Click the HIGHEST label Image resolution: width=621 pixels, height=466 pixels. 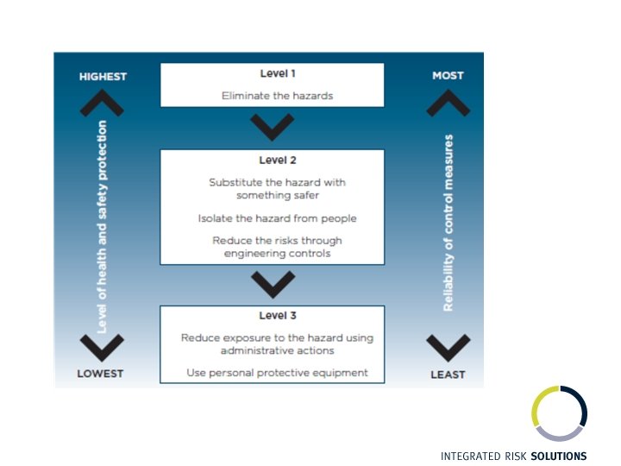pos(103,77)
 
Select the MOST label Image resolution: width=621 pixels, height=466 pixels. pos(448,76)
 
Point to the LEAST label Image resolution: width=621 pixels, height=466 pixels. pos(448,374)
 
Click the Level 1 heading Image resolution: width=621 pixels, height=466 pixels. pos(272,74)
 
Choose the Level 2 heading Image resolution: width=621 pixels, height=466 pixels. pos(272,160)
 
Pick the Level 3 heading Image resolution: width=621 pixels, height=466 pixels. pos(272,316)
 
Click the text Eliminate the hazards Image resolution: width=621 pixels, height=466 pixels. pos(272,96)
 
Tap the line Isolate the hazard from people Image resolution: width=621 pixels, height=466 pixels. pos(272,218)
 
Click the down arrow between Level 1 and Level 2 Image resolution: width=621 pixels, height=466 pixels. pos(273,129)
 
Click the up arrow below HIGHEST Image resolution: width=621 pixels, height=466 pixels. pos(103,103)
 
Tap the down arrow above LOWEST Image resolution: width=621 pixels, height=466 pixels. pos(103,347)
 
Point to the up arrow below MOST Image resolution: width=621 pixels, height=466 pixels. pos(448,103)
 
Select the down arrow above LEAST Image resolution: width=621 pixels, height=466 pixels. pos(448,347)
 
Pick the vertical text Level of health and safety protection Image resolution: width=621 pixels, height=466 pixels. pos(103,226)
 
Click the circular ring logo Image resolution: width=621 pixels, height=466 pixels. pos(559,413)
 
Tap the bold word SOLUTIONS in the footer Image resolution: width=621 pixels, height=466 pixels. pos(558,456)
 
